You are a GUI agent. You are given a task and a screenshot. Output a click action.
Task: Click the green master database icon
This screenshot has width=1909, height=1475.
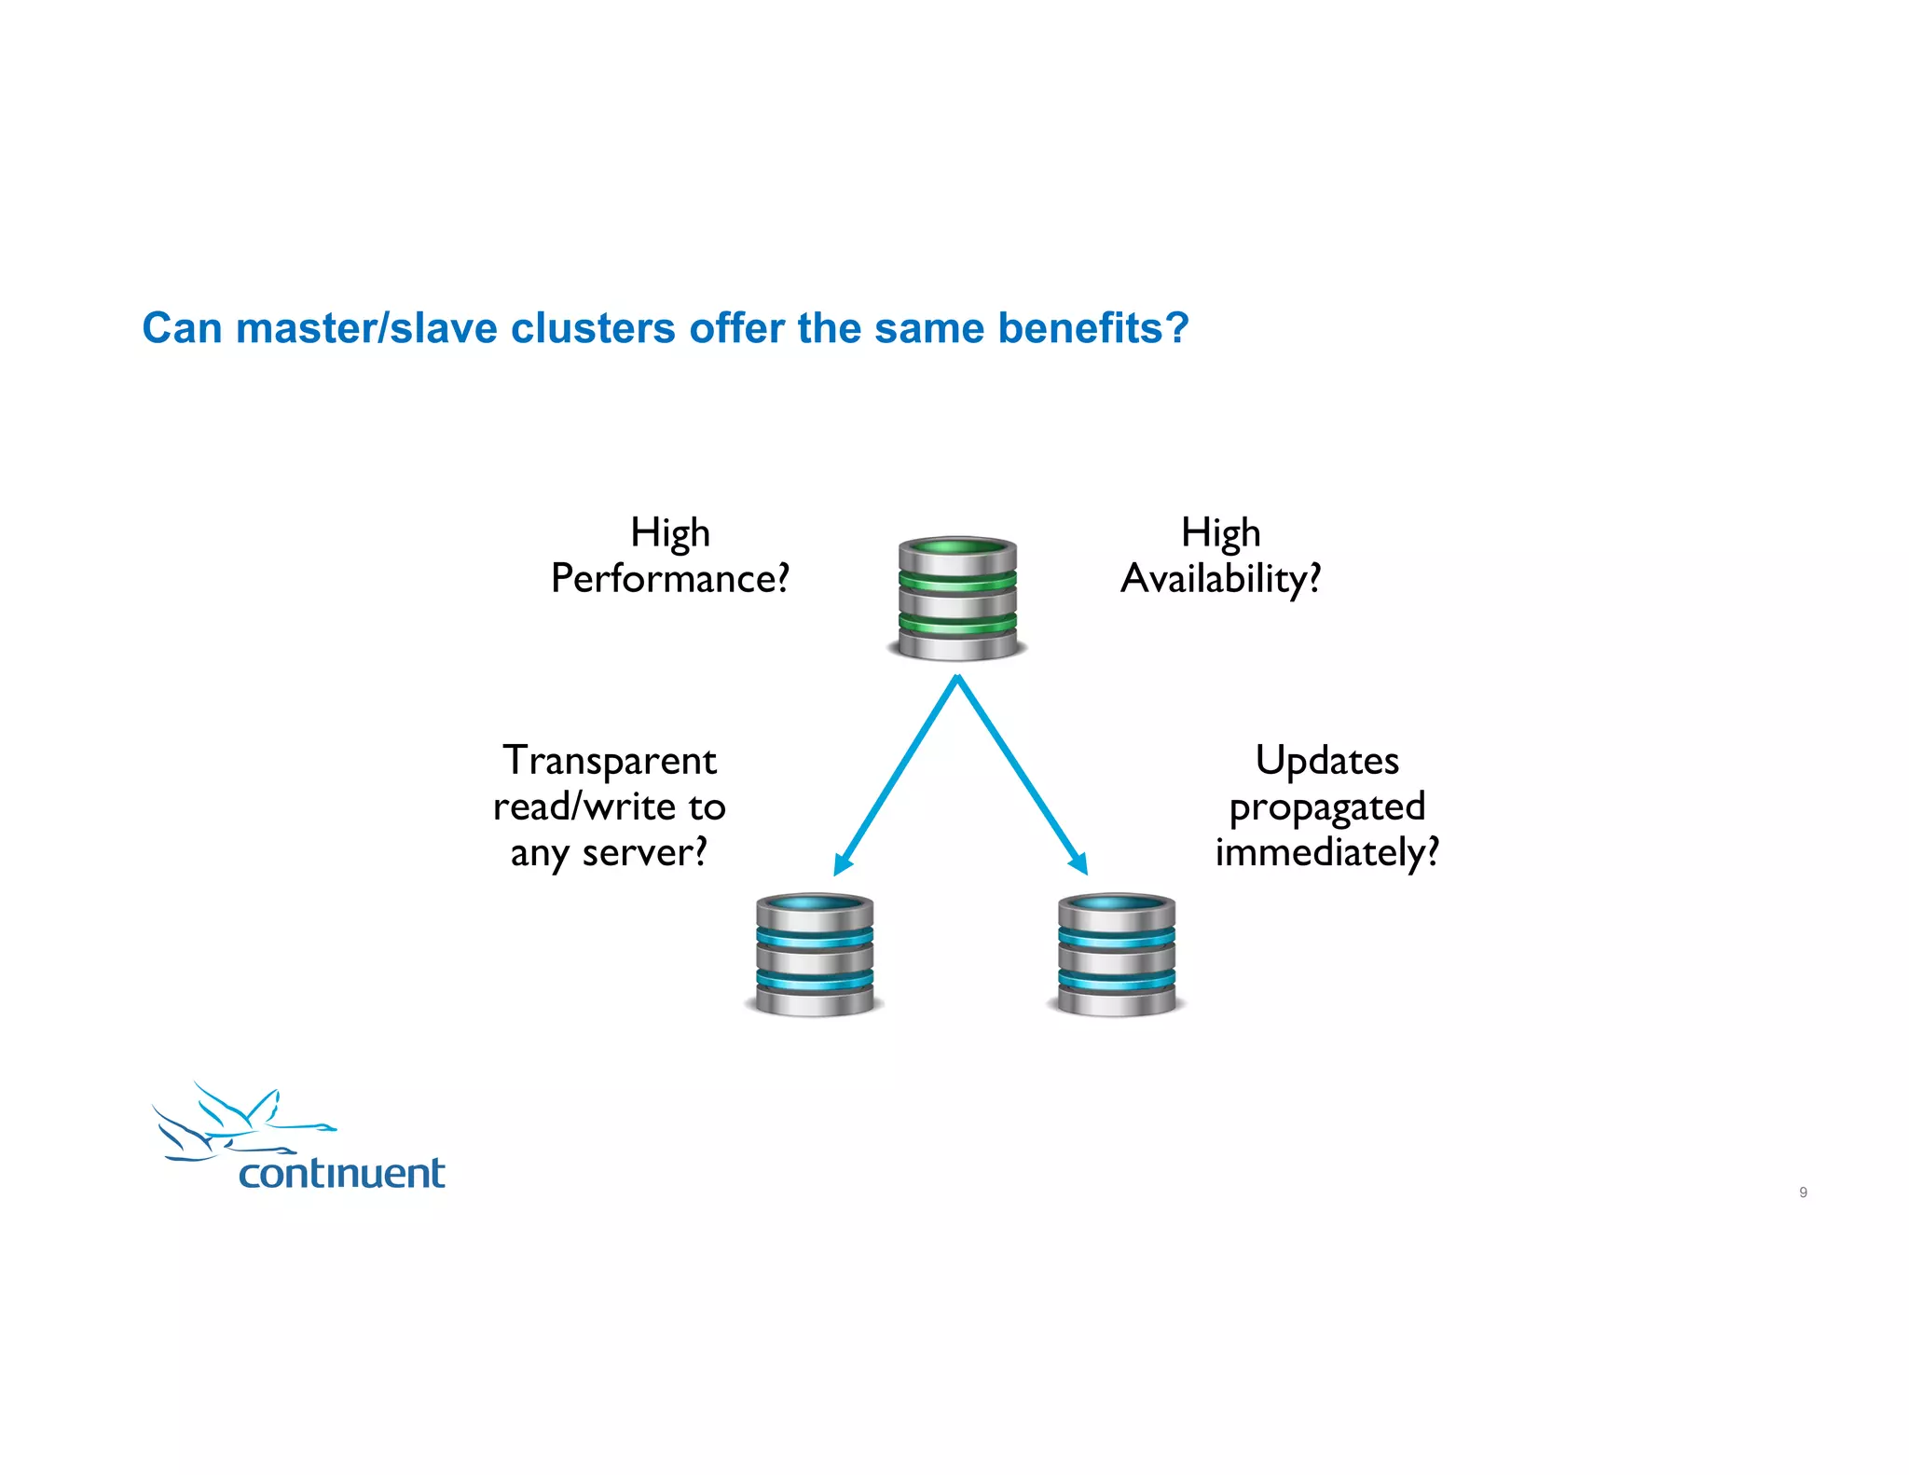(x=957, y=598)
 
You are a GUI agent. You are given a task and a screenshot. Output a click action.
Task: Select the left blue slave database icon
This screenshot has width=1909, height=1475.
(x=815, y=954)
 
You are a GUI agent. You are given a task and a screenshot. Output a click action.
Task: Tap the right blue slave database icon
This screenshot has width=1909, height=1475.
(x=1117, y=954)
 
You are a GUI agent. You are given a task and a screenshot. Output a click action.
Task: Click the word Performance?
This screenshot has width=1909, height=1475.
(x=669, y=579)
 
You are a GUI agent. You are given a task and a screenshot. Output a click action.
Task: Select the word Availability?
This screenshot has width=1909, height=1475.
(x=1220, y=579)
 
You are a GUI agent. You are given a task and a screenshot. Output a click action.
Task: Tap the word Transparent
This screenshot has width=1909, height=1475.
(x=610, y=761)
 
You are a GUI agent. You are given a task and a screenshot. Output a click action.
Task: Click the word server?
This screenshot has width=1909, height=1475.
(x=644, y=852)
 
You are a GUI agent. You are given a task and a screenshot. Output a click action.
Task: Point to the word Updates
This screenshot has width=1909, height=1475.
(x=1326, y=761)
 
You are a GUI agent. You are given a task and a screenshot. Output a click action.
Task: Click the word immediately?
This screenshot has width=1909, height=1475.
(x=1326, y=852)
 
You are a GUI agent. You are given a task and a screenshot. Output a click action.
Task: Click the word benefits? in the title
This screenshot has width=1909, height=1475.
(x=1092, y=328)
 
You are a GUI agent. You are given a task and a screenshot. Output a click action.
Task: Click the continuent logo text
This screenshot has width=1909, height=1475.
(x=341, y=1173)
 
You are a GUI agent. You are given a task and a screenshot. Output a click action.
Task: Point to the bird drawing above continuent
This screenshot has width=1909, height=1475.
(x=238, y=1122)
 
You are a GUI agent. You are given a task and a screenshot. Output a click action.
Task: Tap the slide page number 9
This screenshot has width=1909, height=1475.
(x=1803, y=1192)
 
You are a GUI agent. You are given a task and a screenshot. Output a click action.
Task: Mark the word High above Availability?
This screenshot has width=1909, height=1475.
(x=1220, y=533)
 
